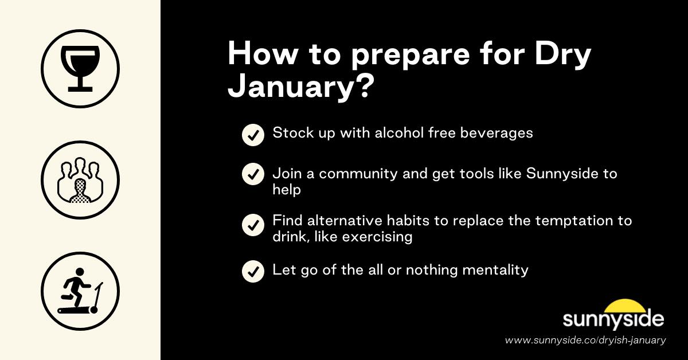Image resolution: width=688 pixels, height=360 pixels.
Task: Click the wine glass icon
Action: click(x=80, y=69)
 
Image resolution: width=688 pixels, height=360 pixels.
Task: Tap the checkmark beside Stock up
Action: click(x=252, y=135)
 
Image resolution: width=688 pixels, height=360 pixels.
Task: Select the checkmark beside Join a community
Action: click(x=252, y=174)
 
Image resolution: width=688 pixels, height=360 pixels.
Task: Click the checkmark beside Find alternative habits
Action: click(x=252, y=225)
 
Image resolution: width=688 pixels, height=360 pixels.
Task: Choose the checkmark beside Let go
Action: click(x=252, y=271)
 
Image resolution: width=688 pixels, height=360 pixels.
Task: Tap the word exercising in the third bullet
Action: click(x=377, y=236)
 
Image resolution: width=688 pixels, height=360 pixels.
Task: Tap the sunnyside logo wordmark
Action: click(x=613, y=319)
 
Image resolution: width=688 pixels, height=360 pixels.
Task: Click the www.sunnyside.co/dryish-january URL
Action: click(x=585, y=340)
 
